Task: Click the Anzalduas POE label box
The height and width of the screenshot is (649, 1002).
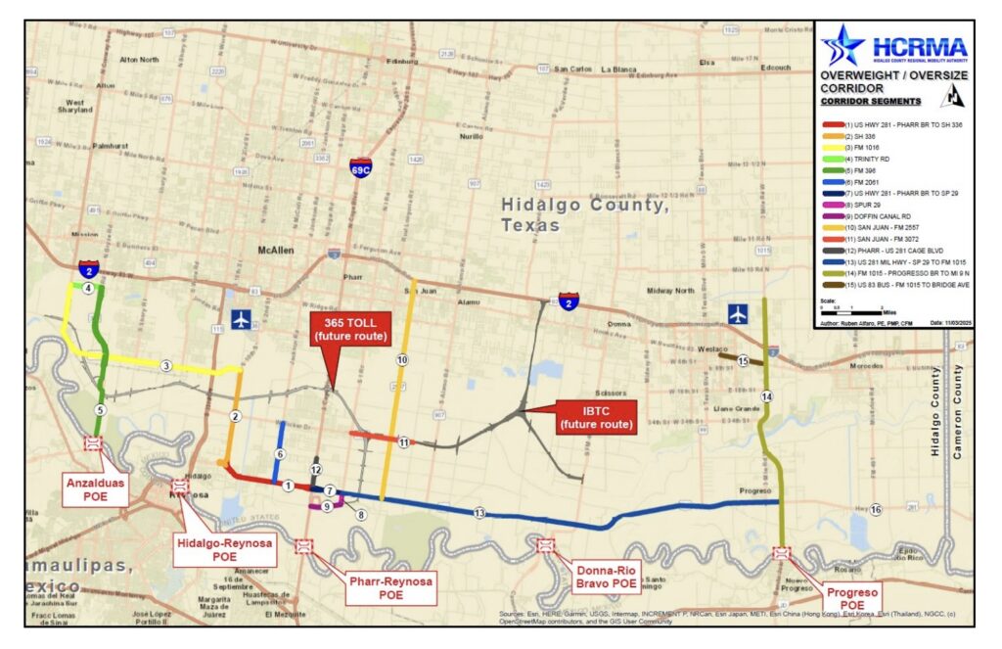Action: pyautogui.click(x=97, y=488)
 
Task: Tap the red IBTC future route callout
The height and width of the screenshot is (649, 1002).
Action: pyautogui.click(x=595, y=417)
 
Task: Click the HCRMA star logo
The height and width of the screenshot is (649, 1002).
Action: pyautogui.click(x=842, y=46)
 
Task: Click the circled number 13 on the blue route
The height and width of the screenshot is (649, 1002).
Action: pyautogui.click(x=478, y=513)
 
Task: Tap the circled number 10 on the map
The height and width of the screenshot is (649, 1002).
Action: pyautogui.click(x=401, y=360)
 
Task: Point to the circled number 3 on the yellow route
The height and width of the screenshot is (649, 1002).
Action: pyautogui.click(x=166, y=366)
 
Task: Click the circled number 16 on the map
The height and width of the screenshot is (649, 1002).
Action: pyautogui.click(x=876, y=509)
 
